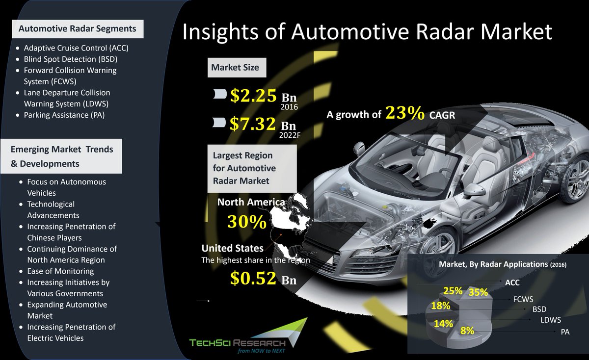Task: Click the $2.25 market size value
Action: click(x=254, y=96)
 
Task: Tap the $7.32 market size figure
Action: click(x=254, y=123)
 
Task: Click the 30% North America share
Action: click(x=246, y=222)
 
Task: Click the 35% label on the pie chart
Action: click(x=478, y=292)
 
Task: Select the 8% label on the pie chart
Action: click(x=467, y=331)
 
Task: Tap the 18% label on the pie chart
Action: click(x=441, y=306)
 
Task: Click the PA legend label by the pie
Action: click(x=565, y=332)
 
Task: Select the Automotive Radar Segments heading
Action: click(x=77, y=29)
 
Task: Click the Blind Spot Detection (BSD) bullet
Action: click(x=70, y=59)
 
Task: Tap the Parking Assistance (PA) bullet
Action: click(x=64, y=115)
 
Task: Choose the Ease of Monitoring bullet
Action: click(x=60, y=271)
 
